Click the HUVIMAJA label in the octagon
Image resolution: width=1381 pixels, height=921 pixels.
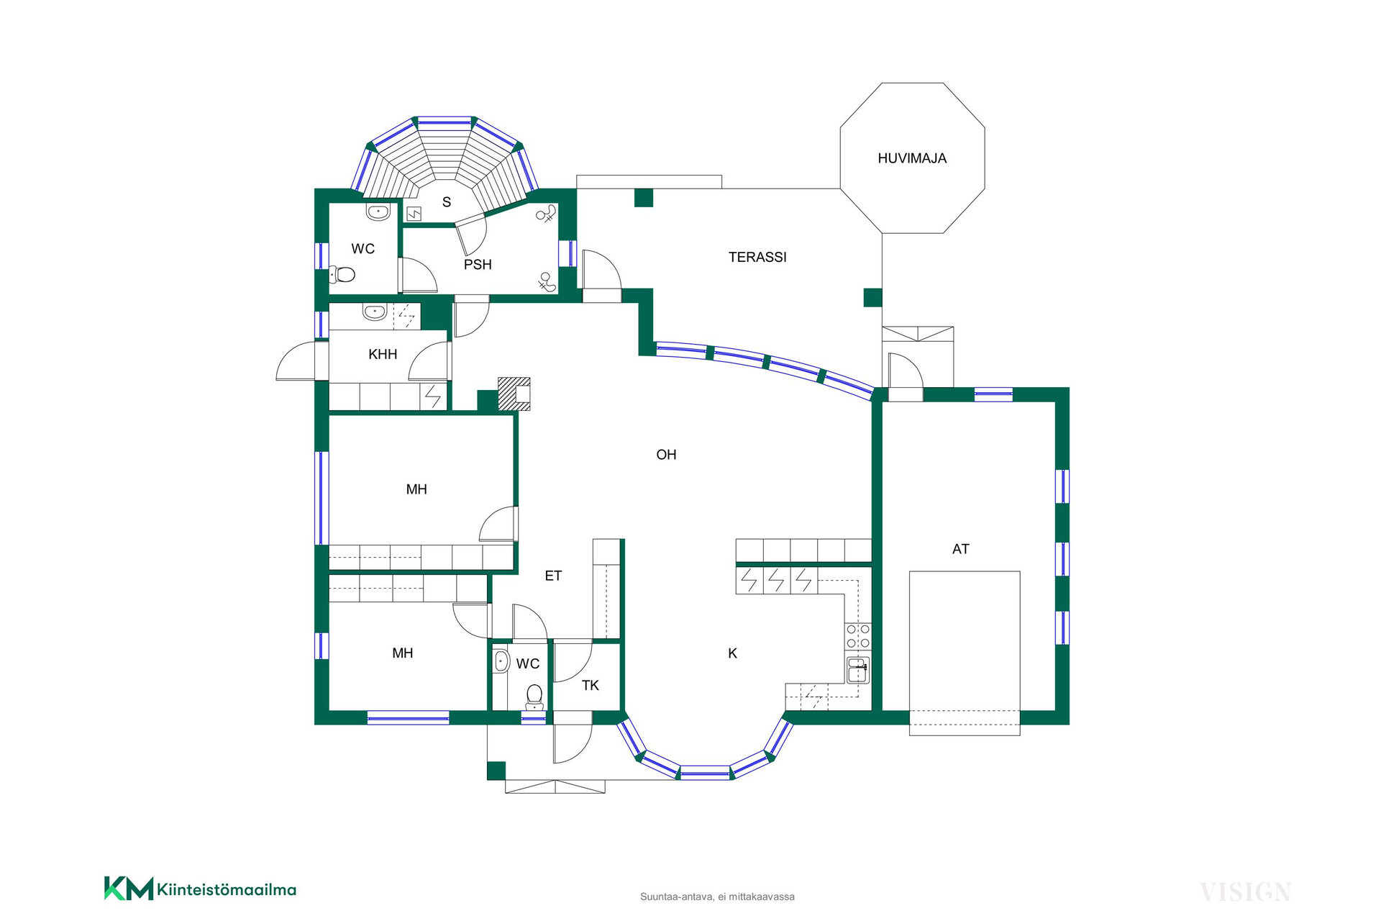click(912, 158)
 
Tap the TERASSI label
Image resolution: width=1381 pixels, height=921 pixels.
click(757, 257)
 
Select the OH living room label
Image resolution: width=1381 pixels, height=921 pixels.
click(666, 455)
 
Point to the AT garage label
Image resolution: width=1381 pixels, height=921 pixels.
click(960, 549)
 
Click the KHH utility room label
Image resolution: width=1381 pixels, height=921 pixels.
click(383, 354)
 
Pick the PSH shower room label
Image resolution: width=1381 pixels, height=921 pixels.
click(478, 265)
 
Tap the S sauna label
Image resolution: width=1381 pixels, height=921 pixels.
click(447, 202)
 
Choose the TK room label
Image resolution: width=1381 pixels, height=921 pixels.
click(591, 686)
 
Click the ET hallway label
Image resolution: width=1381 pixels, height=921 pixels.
click(553, 576)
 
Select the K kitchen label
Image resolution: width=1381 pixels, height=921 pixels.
click(732, 653)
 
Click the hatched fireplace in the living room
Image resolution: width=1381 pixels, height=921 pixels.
click(514, 394)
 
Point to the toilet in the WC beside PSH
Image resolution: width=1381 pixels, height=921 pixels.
click(342, 274)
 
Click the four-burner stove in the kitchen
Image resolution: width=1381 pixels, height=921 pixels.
click(858, 637)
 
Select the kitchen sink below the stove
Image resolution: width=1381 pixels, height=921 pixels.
click(857, 670)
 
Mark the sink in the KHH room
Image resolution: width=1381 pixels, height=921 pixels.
click(374, 312)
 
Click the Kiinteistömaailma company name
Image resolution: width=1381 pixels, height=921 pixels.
click(227, 890)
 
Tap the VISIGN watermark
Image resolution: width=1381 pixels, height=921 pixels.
click(1246, 892)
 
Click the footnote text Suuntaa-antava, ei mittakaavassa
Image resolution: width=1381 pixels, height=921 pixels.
click(717, 897)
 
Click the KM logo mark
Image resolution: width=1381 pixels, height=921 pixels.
click(129, 889)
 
